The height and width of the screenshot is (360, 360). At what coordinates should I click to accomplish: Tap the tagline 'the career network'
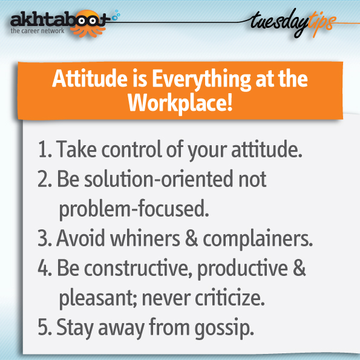point(38,31)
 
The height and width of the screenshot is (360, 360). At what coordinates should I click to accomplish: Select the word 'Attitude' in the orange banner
point(90,79)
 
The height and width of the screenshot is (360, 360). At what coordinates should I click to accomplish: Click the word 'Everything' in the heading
point(201,80)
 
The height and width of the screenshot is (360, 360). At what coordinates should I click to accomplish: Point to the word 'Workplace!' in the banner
point(180,103)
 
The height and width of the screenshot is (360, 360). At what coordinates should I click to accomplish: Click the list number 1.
point(45,149)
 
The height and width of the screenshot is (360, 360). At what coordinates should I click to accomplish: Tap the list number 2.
point(45,179)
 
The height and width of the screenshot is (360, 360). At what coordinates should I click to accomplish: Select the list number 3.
point(45,238)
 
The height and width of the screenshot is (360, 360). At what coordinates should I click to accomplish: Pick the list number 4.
point(45,267)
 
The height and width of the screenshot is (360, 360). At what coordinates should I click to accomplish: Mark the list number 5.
point(45,327)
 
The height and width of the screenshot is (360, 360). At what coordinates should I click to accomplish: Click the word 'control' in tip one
point(132,149)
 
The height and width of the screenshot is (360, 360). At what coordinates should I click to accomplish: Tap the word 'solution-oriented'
point(159,178)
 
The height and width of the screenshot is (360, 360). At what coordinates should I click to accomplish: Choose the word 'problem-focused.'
point(134,209)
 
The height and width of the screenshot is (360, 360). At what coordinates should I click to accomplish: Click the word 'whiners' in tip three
point(145,238)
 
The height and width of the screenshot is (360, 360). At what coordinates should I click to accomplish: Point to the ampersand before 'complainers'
point(191,238)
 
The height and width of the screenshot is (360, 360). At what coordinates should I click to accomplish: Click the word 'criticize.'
point(230,297)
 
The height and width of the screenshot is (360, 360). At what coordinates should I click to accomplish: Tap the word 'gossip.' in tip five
point(224,329)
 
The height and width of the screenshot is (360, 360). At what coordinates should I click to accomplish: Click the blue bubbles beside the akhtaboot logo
point(116,15)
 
